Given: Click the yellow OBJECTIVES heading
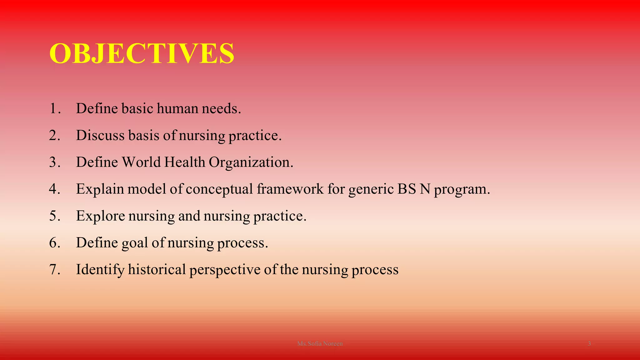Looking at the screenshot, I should click(142, 53).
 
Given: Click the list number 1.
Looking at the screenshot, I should click(54, 108).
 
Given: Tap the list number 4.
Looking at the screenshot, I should click(54, 189).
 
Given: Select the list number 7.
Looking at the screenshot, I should click(54, 269).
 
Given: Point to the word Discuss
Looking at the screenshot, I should click(100, 135).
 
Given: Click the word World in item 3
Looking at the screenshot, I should click(141, 162).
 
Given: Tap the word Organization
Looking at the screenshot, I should click(251, 162).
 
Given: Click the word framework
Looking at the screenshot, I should click(290, 189).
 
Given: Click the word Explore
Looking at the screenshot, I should click(100, 216).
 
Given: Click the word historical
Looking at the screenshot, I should click(157, 269).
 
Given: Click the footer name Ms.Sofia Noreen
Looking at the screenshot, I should click(320, 344).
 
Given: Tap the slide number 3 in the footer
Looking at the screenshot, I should click(589, 344).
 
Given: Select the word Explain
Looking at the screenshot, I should click(100, 189).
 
